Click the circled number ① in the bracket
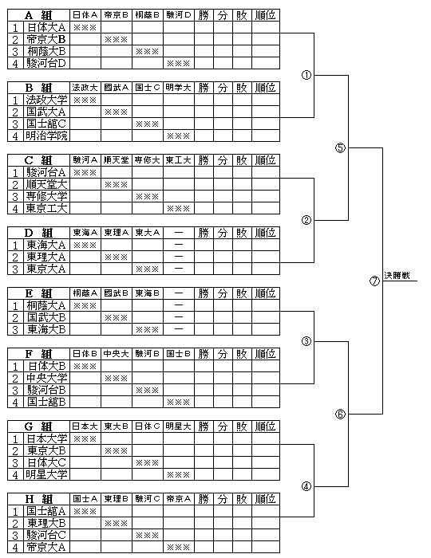(x=306, y=75)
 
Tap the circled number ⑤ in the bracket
(x=341, y=147)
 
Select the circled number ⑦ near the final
(x=374, y=281)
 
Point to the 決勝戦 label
(x=397, y=276)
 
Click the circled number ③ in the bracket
(x=306, y=342)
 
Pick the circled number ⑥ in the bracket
(x=341, y=415)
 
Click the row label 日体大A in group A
(x=46, y=27)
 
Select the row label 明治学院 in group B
(x=46, y=136)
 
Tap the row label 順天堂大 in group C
(x=46, y=184)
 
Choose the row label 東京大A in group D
(x=46, y=269)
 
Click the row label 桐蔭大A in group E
(x=46, y=305)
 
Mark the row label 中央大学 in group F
(x=46, y=378)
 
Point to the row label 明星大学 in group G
(x=46, y=474)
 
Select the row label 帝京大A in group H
(x=46, y=547)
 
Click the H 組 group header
(x=38, y=499)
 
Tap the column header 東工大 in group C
(x=179, y=160)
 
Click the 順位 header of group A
(x=265, y=15)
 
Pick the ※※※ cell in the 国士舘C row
(x=148, y=124)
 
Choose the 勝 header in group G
(x=204, y=426)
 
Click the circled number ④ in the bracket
(x=306, y=486)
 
